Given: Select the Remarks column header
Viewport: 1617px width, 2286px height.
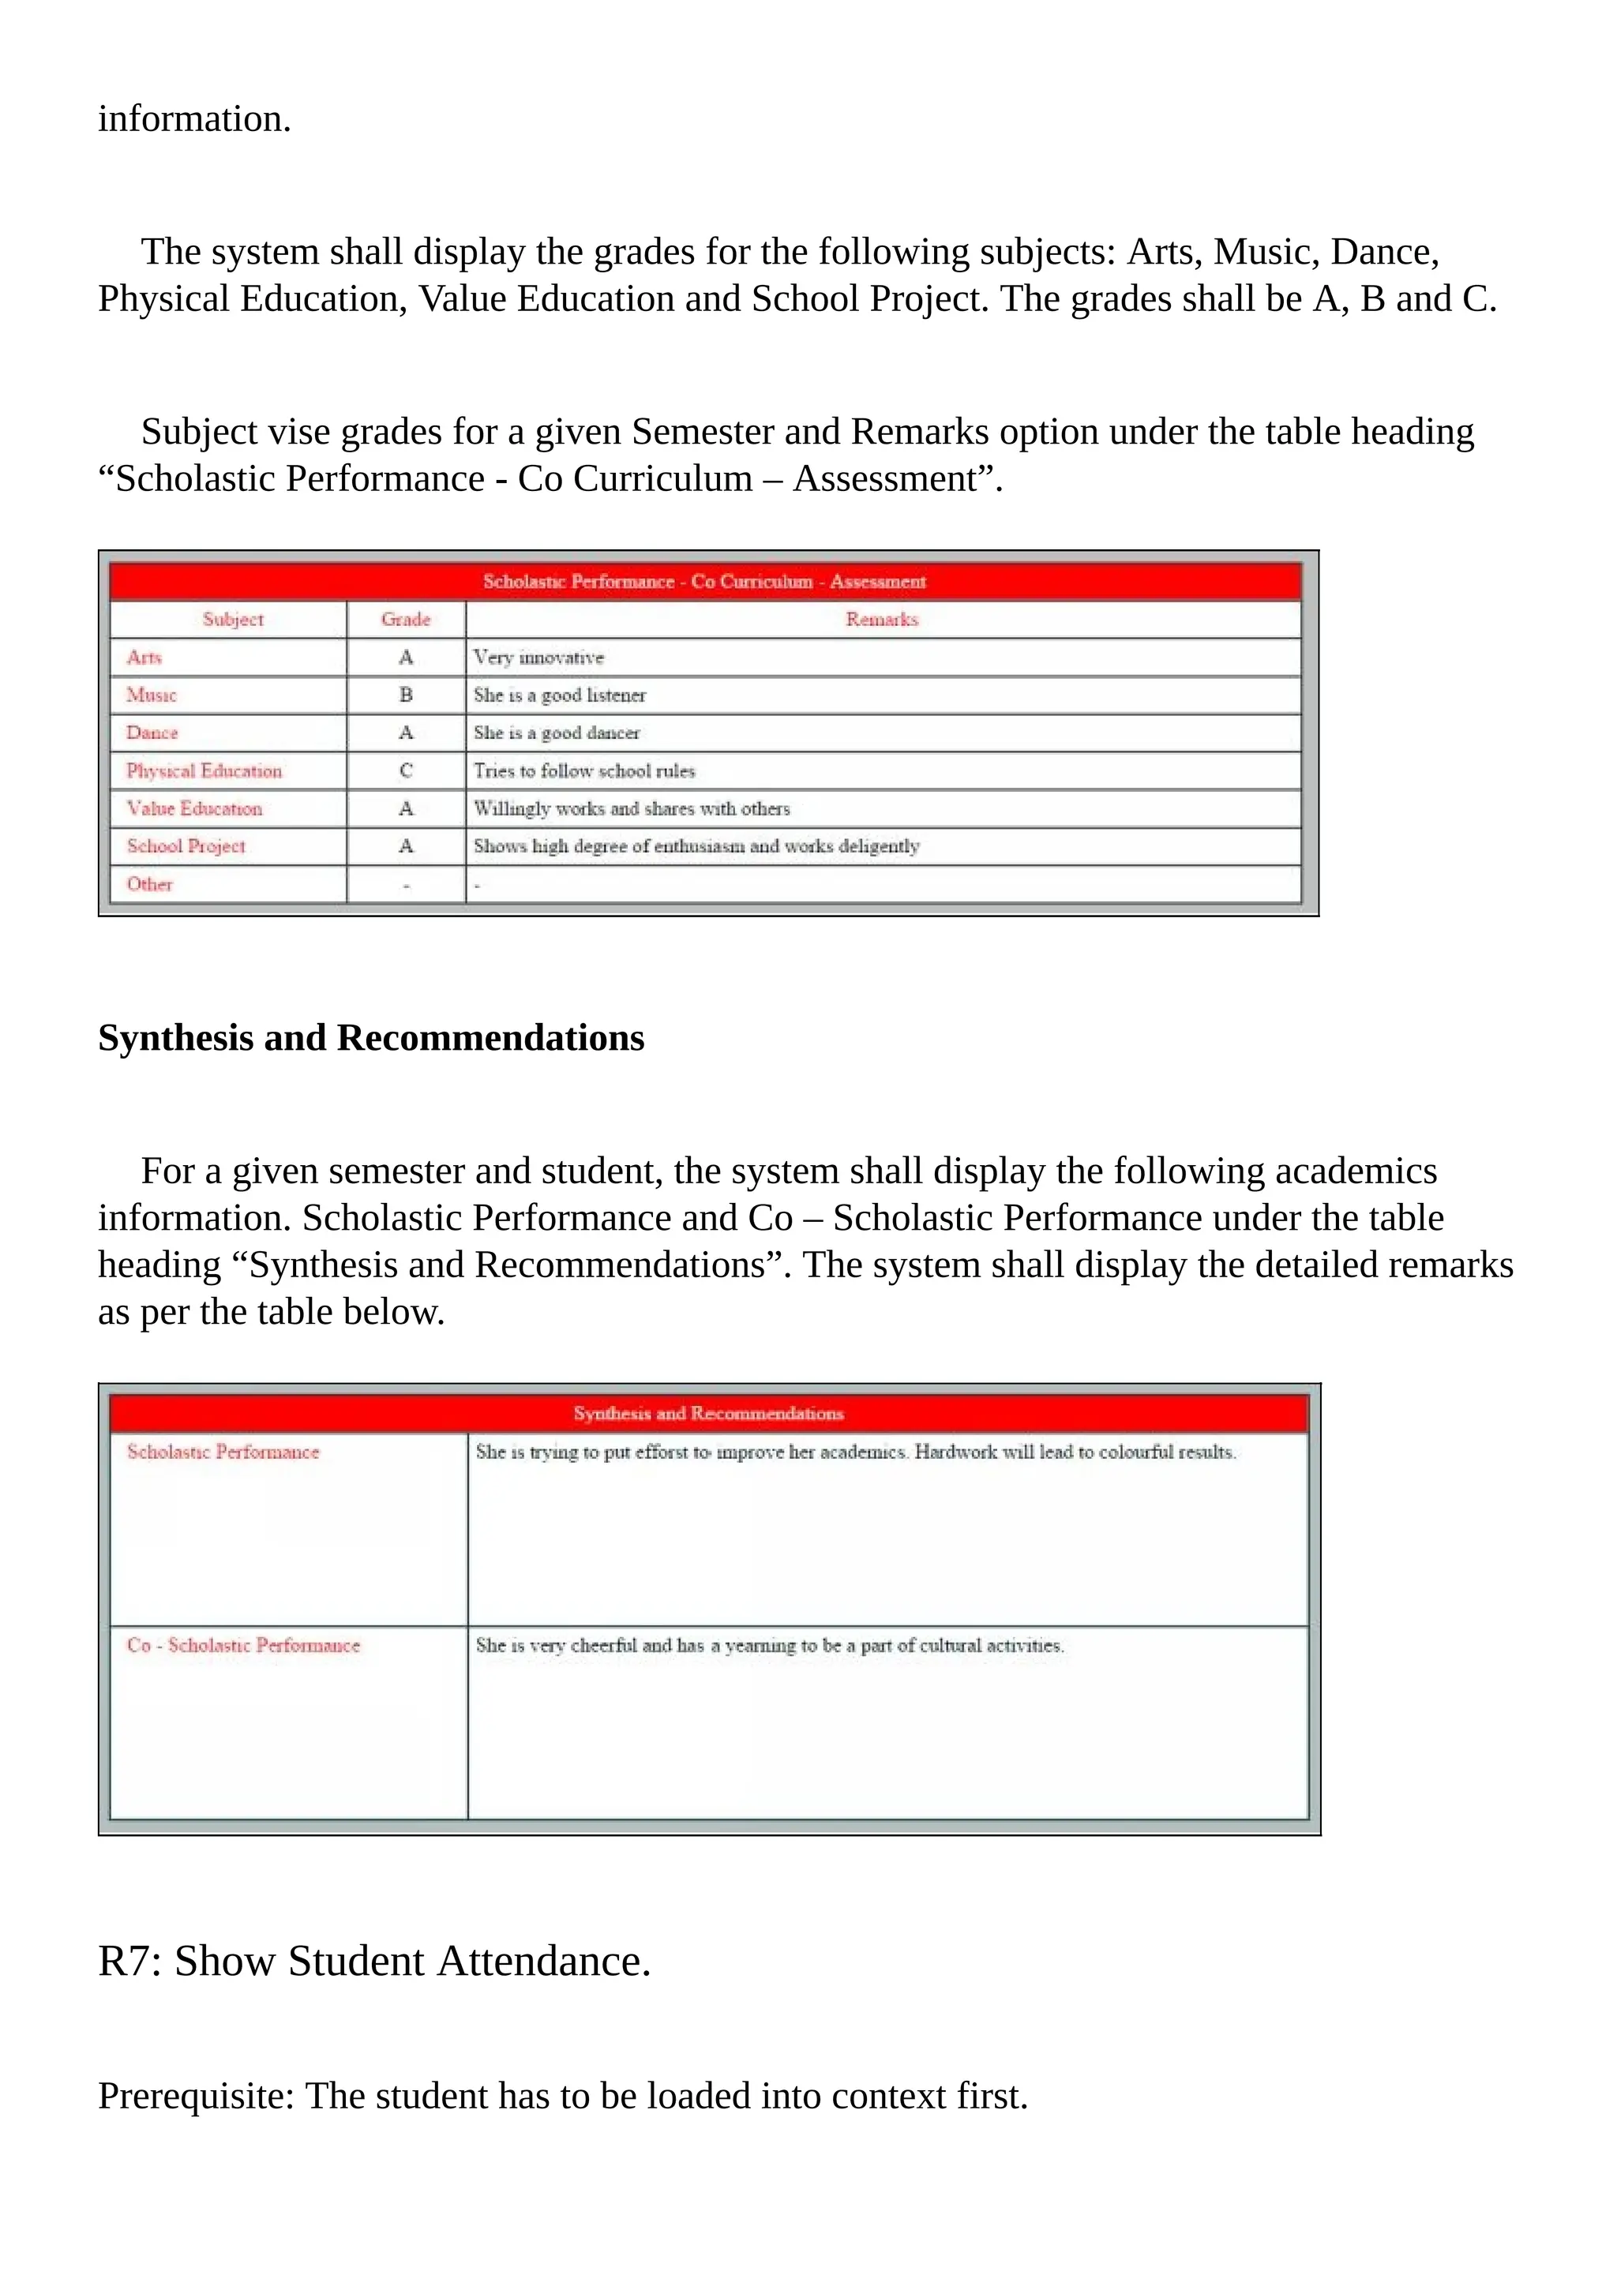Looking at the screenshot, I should (882, 620).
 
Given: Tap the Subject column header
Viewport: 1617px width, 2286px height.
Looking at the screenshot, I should (233, 620).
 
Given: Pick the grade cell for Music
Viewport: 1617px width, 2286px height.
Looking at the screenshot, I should (407, 695).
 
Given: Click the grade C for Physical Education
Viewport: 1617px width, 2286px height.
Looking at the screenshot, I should (407, 770).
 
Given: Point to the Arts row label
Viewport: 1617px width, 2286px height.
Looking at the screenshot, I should (144, 657).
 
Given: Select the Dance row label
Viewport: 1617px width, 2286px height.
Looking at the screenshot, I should (152, 733).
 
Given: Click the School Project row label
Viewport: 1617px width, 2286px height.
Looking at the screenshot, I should (186, 846).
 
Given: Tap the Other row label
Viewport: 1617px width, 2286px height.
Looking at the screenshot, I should (149, 884).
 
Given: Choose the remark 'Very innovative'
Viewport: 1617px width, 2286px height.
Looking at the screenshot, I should (538, 657).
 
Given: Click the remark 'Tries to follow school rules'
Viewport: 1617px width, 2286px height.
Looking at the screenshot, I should (584, 770).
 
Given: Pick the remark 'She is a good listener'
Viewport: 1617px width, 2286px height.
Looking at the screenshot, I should (560, 695).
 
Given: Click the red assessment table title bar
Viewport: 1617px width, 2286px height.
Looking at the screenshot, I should (704, 582).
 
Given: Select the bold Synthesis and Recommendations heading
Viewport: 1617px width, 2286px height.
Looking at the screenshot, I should (371, 1039).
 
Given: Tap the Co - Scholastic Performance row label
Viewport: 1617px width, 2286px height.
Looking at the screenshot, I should (243, 1645).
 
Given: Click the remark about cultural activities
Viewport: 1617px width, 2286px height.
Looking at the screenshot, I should (770, 1645).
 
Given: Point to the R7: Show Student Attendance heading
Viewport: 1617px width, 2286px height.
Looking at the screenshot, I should (374, 1961).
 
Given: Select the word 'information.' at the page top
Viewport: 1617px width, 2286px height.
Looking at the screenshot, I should (195, 119).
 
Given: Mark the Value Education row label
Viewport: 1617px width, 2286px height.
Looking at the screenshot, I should (194, 808).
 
